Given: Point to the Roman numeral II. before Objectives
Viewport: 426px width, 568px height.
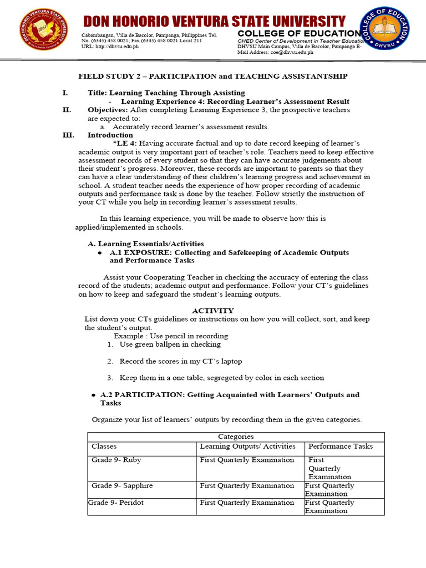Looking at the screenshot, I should coord(67,110).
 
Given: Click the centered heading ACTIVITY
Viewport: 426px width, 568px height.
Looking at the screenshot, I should coord(213,311).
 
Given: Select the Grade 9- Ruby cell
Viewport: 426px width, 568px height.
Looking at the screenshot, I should coord(116,460).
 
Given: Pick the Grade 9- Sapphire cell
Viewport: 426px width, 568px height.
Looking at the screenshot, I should coord(122,485).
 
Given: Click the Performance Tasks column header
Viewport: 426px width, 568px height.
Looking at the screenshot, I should coord(341,446).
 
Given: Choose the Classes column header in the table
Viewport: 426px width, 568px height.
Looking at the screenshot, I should coord(104,446).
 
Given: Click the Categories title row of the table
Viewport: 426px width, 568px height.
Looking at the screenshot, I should coord(236,437).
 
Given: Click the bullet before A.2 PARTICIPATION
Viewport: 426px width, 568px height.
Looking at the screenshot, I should coord(93,395).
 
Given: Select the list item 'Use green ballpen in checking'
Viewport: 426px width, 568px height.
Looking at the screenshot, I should coord(170,344).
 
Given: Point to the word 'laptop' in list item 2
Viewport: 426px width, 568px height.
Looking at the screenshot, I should coord(231,361).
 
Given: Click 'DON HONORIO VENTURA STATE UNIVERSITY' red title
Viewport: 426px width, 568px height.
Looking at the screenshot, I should coord(214,22).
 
